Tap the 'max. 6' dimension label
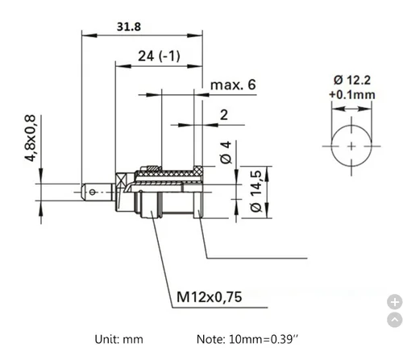tap(233, 85)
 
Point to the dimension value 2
tap(223, 114)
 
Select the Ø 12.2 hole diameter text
tap(351, 79)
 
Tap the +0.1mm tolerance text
tap(352, 94)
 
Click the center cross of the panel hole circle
tap(352, 146)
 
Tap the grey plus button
tap(394, 302)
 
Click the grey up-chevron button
tap(394, 321)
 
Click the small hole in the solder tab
tap(94, 192)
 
